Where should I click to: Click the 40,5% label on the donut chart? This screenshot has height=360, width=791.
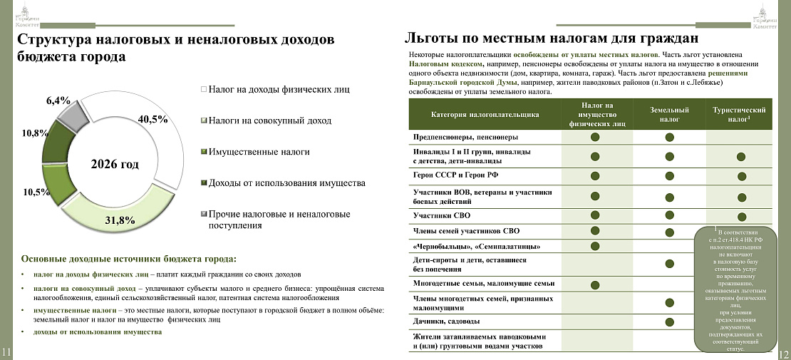153,120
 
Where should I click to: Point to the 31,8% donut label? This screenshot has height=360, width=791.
120,220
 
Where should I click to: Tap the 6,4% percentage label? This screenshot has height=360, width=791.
58,101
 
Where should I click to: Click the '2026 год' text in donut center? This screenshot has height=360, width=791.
115,164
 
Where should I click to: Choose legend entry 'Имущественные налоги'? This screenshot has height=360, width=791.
259,152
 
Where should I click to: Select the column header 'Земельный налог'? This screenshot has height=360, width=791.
669,115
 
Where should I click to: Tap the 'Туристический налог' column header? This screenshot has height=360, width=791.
740,115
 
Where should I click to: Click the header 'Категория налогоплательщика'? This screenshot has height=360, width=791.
485,114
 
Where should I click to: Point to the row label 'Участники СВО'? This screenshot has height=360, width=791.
442,215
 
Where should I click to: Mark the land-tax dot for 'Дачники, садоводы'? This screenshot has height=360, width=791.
670,322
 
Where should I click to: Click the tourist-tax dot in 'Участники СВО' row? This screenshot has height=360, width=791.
741,216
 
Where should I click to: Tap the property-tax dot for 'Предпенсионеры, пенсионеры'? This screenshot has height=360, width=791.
594,137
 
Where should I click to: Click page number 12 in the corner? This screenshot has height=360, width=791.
783,354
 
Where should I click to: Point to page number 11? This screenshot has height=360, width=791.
6,352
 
